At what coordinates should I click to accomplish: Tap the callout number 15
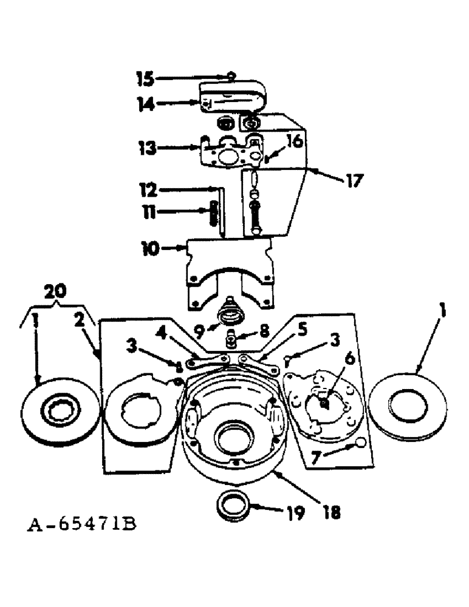coord(146,78)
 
